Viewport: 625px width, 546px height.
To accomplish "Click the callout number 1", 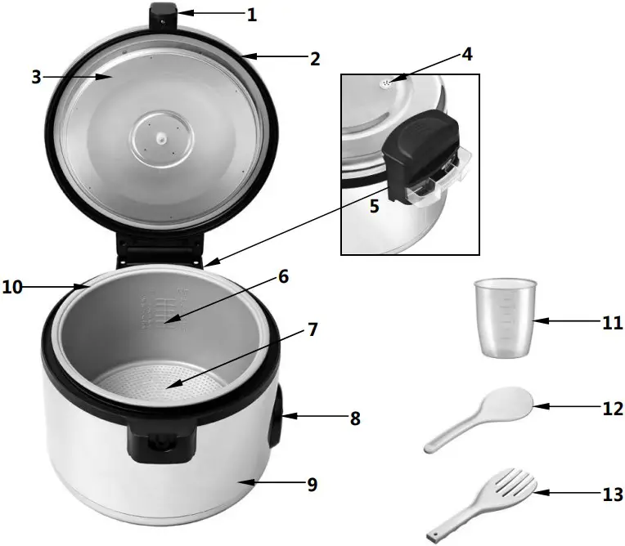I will (251, 14).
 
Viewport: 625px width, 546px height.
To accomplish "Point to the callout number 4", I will (466, 55).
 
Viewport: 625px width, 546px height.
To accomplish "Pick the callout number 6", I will (283, 276).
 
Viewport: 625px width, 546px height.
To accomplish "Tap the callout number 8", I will (354, 418).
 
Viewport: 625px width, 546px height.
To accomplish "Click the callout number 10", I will (15, 287).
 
